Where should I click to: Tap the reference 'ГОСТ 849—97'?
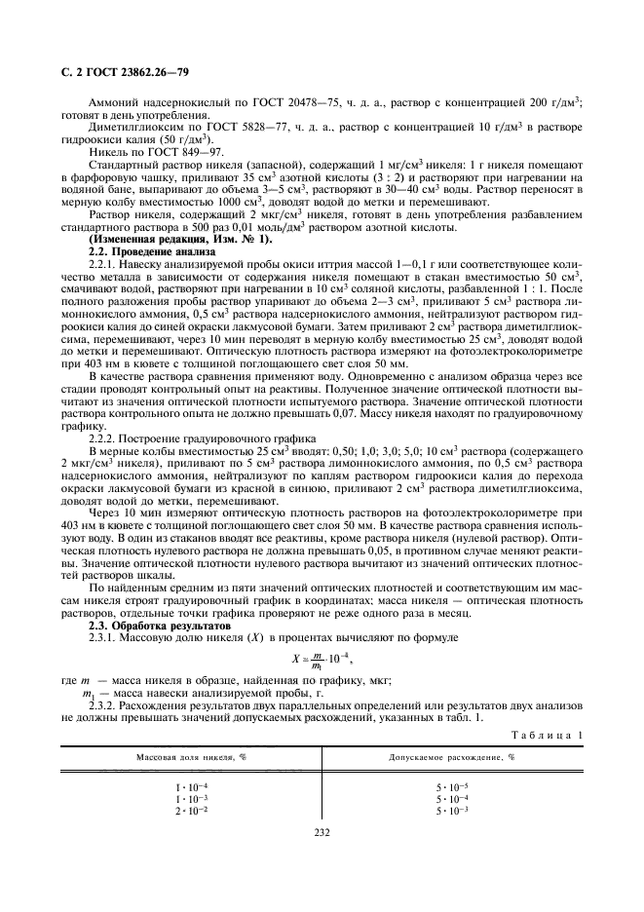coord(193,152)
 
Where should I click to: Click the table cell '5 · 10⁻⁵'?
coord(451,786)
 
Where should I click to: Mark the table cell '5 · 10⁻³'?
coord(451,810)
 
